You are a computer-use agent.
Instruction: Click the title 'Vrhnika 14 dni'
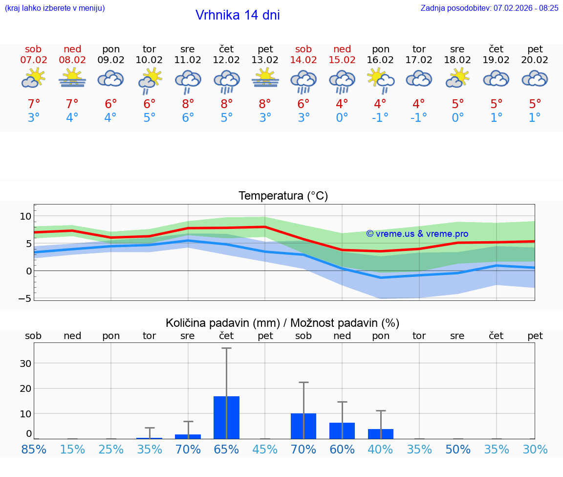[238, 15]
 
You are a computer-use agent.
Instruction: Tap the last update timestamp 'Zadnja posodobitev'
[489, 8]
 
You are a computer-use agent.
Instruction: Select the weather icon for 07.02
[33, 78]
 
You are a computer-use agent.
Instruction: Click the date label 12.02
[226, 60]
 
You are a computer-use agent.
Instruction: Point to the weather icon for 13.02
[265, 78]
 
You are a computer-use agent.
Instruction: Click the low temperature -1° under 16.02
[380, 118]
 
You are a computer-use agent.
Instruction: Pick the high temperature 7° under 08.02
[72, 104]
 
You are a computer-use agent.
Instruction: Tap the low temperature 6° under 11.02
[188, 118]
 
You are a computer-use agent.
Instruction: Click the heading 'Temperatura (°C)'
[283, 196]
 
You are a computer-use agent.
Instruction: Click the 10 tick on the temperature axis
[25, 216]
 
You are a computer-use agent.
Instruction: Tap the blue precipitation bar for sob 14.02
[303, 426]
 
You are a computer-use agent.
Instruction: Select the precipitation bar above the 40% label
[381, 434]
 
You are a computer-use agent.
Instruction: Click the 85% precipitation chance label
[34, 449]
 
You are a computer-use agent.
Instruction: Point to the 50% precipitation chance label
[458, 449]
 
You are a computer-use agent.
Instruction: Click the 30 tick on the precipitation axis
[25, 363]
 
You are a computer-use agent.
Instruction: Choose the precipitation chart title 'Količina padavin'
[282, 323]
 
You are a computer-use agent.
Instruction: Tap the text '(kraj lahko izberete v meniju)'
[55, 8]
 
